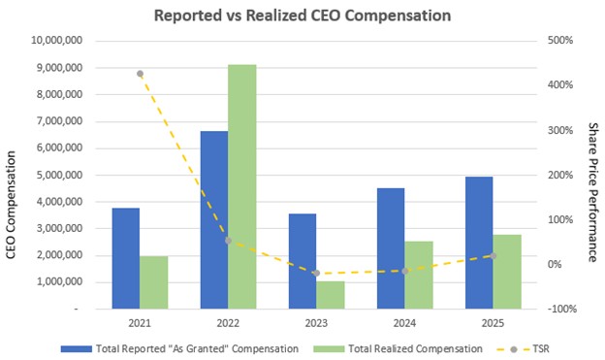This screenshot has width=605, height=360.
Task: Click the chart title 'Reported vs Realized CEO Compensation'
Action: (302, 16)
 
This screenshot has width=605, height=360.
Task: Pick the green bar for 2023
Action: (331, 294)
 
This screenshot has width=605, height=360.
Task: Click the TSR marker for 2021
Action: (140, 74)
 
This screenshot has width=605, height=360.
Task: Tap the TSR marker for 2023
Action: (316, 274)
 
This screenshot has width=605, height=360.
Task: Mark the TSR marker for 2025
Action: (493, 256)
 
